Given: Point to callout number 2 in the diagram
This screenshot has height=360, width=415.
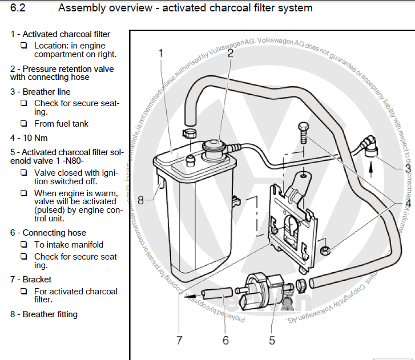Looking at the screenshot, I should pyautogui.click(x=230, y=54).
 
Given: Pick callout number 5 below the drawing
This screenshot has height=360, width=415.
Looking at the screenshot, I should pyautogui.click(x=272, y=340).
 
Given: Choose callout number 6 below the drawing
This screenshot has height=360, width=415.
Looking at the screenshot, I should pyautogui.click(x=225, y=340).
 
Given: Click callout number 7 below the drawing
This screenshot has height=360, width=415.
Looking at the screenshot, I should pyautogui.click(x=179, y=340).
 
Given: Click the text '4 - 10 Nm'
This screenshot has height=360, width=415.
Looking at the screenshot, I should pyautogui.click(x=29, y=137).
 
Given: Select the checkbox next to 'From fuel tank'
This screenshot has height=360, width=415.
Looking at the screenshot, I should pyautogui.click(x=24, y=123).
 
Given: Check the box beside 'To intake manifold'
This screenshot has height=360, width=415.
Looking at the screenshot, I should pyautogui.click(x=24, y=245).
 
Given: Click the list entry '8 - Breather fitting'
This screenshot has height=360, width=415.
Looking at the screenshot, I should pyautogui.click(x=44, y=314).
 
